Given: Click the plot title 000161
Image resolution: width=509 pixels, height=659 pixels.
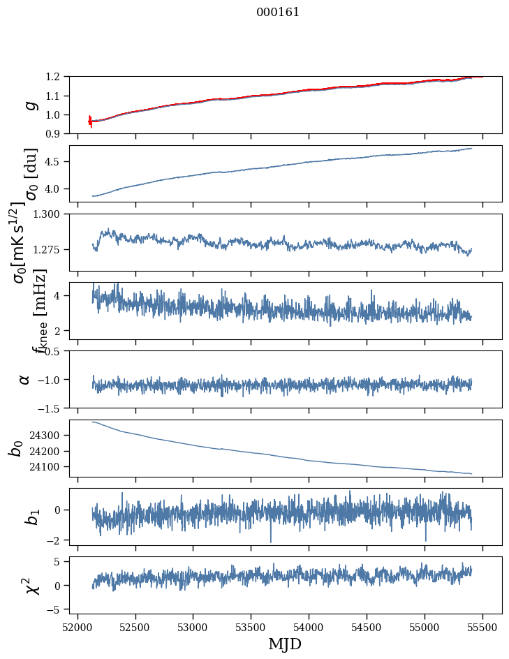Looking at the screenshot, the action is pyautogui.click(x=278, y=12).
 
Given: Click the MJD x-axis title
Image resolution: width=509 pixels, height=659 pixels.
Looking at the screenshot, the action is pyautogui.click(x=285, y=644).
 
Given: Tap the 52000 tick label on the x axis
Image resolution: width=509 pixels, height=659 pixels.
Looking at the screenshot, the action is pyautogui.click(x=78, y=628).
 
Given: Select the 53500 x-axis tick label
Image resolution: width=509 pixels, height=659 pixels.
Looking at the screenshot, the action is pyautogui.click(x=251, y=628).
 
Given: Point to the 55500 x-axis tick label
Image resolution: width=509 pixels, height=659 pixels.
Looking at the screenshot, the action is pyautogui.click(x=482, y=628).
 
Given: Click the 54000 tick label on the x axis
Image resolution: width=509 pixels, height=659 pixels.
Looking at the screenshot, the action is pyautogui.click(x=309, y=628).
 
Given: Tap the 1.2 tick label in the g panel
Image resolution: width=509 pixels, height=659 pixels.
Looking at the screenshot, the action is pyautogui.click(x=53, y=77).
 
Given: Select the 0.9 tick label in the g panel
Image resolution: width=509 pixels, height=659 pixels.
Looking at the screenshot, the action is pyautogui.click(x=53, y=133).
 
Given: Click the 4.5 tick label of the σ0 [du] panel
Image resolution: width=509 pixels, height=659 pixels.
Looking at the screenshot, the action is pyautogui.click(x=53, y=162).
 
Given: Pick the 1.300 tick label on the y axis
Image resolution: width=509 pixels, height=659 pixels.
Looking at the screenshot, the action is pyautogui.click(x=47, y=214).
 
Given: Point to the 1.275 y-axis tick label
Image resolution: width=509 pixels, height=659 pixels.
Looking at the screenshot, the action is pyautogui.click(x=47, y=250).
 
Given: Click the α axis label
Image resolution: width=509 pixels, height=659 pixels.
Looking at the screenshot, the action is pyautogui.click(x=24, y=380).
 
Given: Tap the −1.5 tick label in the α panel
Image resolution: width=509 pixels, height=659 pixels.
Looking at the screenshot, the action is pyautogui.click(x=49, y=408).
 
